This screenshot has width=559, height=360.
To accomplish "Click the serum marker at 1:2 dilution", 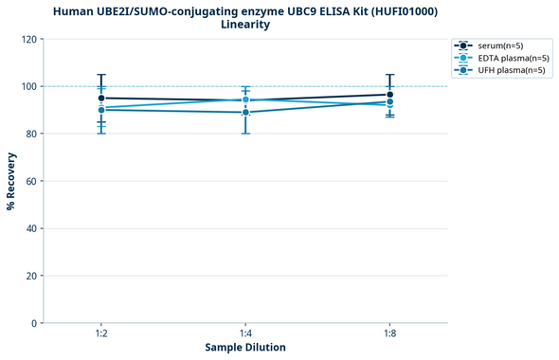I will [x=101, y=98].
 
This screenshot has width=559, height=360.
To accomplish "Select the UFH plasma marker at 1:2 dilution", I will [x=101, y=110].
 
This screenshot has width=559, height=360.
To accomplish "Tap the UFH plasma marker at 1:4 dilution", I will [x=245, y=113].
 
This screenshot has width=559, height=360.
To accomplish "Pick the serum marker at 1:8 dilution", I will [x=389, y=95].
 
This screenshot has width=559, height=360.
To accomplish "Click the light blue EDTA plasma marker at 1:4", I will [x=245, y=99].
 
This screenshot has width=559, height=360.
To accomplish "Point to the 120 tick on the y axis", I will [x=29, y=39].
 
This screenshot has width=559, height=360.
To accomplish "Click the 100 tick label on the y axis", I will [x=29, y=86].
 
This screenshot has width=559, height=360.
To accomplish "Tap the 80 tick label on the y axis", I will [x=32, y=134].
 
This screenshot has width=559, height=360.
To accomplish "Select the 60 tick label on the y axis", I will [x=32, y=181].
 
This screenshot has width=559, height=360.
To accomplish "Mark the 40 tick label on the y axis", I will [x=32, y=228].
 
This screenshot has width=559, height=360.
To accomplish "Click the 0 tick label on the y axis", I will [x=35, y=323].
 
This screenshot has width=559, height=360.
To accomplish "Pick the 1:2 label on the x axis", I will [x=101, y=333].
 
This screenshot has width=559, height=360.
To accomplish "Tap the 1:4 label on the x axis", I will [x=245, y=333].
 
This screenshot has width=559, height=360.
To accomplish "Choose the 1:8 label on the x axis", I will [x=389, y=333].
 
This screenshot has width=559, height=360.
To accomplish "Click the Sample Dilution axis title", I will [x=245, y=348].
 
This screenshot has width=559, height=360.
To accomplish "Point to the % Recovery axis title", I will [x=10, y=181].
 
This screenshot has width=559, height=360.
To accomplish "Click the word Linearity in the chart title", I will [x=245, y=25].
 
